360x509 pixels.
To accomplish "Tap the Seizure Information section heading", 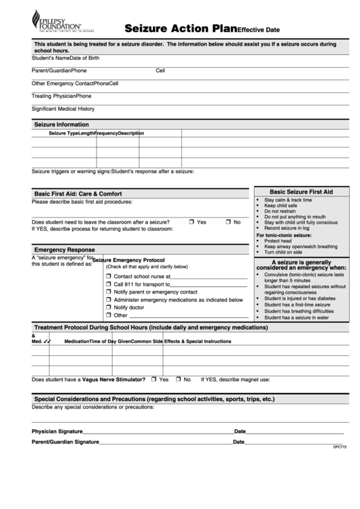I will click(x=62, y=124).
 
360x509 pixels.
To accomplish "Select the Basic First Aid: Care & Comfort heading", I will click(x=78, y=194).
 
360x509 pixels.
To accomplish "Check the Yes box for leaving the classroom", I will click(x=192, y=222).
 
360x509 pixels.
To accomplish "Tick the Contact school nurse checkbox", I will click(x=109, y=277).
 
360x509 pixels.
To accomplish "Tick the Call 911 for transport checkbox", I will click(x=109, y=284).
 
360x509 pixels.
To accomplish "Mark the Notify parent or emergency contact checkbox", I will click(x=109, y=292).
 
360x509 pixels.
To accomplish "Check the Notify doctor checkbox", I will click(x=109, y=307).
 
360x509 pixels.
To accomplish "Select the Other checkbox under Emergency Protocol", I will click(x=109, y=315).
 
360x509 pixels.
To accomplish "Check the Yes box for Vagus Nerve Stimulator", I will click(x=154, y=379).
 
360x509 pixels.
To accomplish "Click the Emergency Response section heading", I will click(x=65, y=249).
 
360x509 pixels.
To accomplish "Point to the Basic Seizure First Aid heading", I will click(x=301, y=192).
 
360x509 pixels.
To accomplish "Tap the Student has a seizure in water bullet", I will click(x=296, y=317).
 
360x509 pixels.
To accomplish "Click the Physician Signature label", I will click(x=57, y=431).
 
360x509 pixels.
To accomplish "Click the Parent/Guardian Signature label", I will click(x=65, y=442).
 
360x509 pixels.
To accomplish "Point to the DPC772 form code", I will click(x=339, y=447).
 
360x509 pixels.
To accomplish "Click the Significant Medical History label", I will click(x=63, y=109).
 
